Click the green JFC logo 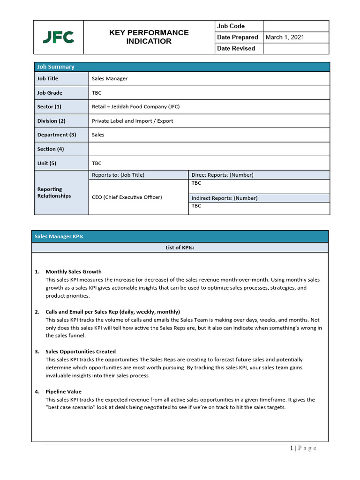(x=58, y=37)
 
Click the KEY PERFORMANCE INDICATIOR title (x=149, y=37)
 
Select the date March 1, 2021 (x=285, y=37)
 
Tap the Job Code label (x=231, y=26)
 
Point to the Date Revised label (x=236, y=48)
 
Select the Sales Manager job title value (x=110, y=79)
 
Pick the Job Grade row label (x=50, y=93)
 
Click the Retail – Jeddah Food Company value (x=135, y=107)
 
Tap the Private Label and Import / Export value (x=132, y=121)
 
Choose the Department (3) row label (x=56, y=135)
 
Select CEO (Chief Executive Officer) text (x=127, y=197)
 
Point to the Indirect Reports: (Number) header (x=225, y=198)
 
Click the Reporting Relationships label (x=54, y=193)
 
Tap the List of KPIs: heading (x=180, y=248)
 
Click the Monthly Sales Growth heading (x=73, y=272)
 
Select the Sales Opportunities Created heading (x=80, y=352)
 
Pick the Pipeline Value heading (x=63, y=392)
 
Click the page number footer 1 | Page (x=303, y=449)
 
